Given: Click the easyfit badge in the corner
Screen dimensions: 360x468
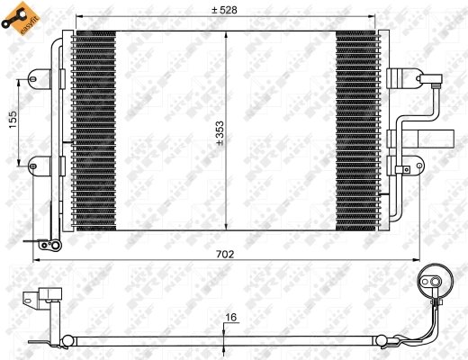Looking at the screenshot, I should pyautogui.click(x=19, y=20).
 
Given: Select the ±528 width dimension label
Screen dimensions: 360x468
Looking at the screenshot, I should pyautogui.click(x=223, y=10).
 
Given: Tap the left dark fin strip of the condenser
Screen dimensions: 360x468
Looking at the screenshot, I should pyautogui.click(x=94, y=129).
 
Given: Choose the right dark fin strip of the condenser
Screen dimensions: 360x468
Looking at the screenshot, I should pyautogui.click(x=356, y=129).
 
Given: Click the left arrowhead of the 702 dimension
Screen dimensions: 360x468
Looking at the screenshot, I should pyautogui.click(x=35, y=261).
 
